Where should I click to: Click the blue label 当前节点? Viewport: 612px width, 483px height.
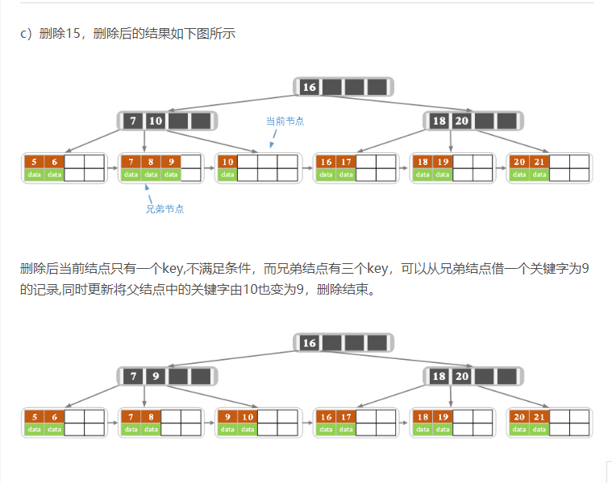[x=285, y=121]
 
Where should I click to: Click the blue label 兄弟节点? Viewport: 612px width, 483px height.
[x=164, y=209]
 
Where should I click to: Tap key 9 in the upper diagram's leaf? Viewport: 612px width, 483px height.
[x=171, y=162]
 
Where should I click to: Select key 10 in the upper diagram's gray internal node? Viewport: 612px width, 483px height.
[x=156, y=122]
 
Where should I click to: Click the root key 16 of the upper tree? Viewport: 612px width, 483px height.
[x=310, y=87]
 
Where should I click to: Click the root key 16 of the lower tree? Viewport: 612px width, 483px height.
[x=310, y=343]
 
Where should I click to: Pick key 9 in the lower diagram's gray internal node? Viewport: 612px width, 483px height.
[x=156, y=376]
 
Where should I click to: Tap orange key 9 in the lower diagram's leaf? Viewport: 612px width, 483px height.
[x=228, y=417]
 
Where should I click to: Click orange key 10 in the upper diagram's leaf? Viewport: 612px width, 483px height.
[x=228, y=162]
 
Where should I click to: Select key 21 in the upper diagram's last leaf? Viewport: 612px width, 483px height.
[x=539, y=162]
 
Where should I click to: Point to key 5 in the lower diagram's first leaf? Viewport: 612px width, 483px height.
[x=34, y=417]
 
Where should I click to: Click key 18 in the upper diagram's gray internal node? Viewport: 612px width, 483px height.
[x=439, y=122]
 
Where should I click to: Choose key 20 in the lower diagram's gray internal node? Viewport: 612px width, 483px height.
[x=461, y=376]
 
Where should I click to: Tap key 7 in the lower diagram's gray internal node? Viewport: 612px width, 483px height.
[x=133, y=376]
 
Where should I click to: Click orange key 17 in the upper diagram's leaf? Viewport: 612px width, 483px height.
[x=346, y=162]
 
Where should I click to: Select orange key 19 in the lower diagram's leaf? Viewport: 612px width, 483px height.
[x=443, y=417]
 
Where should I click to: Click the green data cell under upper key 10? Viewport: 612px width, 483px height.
[x=228, y=174]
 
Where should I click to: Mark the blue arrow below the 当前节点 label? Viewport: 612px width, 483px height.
[x=274, y=139]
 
